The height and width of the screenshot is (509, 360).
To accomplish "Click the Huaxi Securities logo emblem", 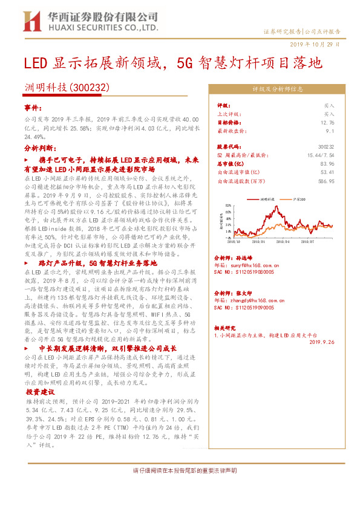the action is click(x=32, y=21).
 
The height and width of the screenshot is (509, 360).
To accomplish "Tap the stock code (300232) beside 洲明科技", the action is click(x=90, y=88).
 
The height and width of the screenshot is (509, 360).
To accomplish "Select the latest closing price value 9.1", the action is click(x=330, y=130).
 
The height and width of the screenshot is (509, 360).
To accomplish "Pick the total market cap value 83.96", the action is click(x=327, y=163).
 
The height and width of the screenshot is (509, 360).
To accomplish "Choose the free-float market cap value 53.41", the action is click(x=327, y=172).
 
